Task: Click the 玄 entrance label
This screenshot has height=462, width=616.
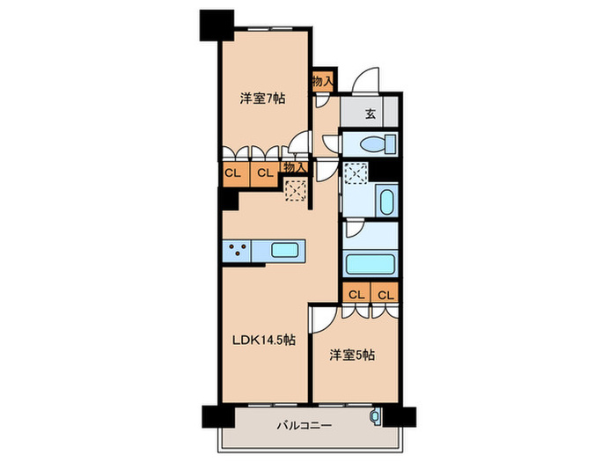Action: point(370,112)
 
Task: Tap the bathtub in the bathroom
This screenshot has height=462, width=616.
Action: point(370,265)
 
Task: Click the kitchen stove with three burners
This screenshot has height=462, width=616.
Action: point(237,250)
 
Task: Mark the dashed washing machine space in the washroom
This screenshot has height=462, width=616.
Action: point(357,174)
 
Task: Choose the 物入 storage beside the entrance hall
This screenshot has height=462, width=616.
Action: point(322,81)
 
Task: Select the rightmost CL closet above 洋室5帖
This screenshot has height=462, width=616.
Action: point(385,294)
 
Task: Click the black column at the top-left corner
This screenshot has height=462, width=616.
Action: point(214,24)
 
